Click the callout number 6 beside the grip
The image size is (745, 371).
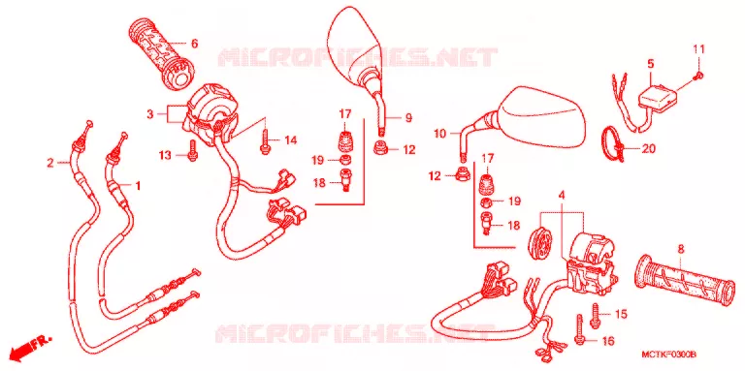pos(194,45)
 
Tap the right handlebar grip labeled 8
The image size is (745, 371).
pos(684,281)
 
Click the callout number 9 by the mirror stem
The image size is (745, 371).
pos(408,118)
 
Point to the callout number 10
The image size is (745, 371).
pos(440,135)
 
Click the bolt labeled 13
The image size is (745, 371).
pos(192,150)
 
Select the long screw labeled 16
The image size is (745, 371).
pos(579,328)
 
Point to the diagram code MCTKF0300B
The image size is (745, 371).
pos(669,355)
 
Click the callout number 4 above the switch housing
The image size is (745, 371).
pos(562,195)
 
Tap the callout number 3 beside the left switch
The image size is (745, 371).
pos(150,114)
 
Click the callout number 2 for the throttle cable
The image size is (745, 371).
pos(50,163)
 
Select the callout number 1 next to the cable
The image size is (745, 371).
pos(138,186)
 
